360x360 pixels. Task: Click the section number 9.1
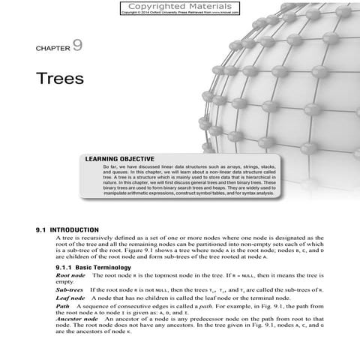click(x=43, y=229)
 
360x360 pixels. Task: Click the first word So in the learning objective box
click(x=104, y=166)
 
